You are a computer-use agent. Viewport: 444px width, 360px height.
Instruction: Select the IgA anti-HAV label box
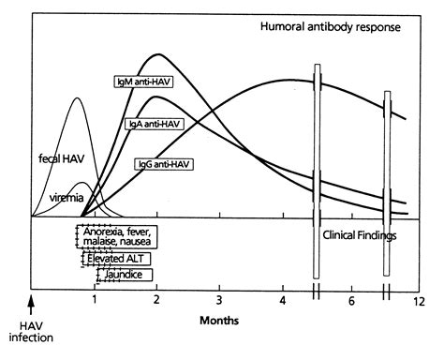[154, 123]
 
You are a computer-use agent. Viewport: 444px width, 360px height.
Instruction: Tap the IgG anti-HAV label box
[165, 162]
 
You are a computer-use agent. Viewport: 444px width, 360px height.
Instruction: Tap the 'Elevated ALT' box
[114, 258]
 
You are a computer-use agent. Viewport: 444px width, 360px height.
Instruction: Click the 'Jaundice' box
[119, 275]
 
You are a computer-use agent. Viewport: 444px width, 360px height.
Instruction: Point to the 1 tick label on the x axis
[95, 302]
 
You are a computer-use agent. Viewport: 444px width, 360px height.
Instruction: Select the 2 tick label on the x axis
[156, 302]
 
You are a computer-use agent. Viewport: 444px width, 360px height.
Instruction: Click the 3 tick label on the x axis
[220, 302]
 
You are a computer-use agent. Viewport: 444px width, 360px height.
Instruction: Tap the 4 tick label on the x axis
[283, 302]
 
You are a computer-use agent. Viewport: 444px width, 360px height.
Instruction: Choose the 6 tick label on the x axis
[352, 302]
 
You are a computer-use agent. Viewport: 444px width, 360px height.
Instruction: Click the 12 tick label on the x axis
[419, 302]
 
